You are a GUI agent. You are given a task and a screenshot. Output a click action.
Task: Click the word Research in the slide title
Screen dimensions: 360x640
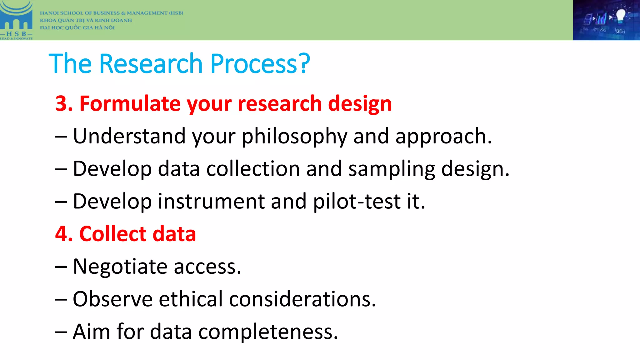(151, 64)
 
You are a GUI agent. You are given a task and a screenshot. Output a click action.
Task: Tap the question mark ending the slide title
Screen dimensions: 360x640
(303, 64)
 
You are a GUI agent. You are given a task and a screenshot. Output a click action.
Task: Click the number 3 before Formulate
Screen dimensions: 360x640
(62, 104)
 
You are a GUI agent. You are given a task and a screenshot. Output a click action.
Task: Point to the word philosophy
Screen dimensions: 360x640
(294, 137)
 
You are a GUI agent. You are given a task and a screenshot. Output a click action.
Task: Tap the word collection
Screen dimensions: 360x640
(253, 169)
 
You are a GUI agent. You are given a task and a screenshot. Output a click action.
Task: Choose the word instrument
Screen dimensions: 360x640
(211, 202)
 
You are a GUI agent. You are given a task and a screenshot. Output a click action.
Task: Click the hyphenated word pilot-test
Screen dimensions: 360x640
(357, 202)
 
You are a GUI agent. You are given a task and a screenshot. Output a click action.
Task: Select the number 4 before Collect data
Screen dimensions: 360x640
(62, 234)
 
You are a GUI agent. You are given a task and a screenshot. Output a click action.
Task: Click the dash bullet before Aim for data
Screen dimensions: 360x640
(61, 332)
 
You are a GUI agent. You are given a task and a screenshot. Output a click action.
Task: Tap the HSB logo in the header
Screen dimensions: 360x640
(16, 20)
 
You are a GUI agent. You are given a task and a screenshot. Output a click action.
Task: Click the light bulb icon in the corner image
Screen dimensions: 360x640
(620, 16)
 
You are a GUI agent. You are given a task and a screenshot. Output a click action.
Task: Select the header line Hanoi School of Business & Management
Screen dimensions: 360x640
(111, 13)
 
